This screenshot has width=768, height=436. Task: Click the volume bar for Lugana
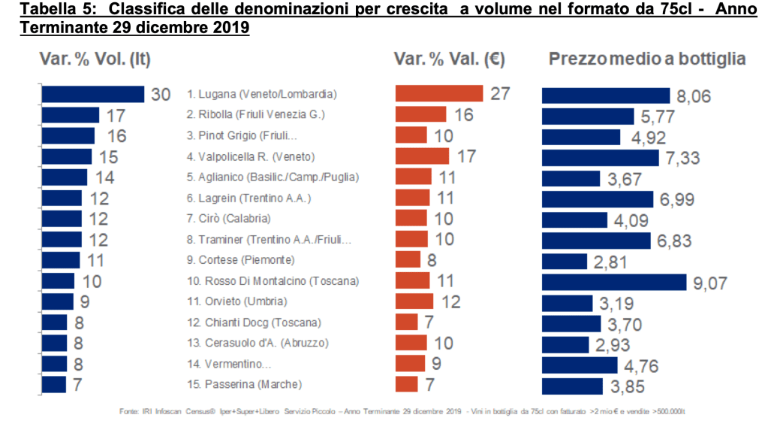pos(92,94)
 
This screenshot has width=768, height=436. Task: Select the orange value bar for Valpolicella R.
pos(422,156)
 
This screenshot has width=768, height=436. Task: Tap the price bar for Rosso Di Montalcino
pos(614,282)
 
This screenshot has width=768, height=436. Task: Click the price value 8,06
pos(693,95)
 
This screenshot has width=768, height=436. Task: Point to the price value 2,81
pos(610,262)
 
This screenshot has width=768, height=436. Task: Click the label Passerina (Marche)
pos(244,384)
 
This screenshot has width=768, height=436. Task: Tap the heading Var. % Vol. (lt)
pos(95,59)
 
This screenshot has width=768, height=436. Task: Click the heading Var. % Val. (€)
pos(448,59)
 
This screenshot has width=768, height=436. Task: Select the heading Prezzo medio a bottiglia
pos(647,59)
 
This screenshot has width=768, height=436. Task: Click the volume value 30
pos(161,95)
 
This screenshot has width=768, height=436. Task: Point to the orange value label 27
pos(500,95)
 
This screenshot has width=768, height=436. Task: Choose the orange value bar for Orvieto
pos(414,301)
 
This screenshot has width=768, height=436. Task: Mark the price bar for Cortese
pos(564,261)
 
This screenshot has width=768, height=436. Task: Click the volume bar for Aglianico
pos(65,177)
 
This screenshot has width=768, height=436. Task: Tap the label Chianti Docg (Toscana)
pos(254,322)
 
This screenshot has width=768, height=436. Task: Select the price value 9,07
pos(709,283)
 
